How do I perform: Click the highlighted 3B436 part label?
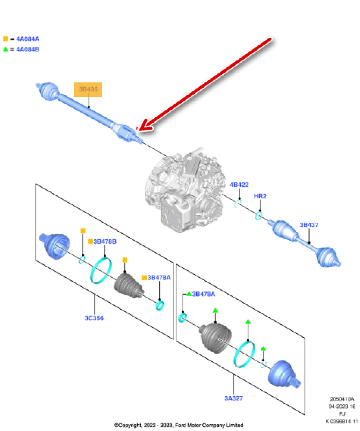88,89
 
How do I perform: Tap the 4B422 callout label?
239,185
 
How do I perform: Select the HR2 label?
260,196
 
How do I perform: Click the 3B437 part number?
309,225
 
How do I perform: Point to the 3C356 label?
94,318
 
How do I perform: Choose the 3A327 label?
234,398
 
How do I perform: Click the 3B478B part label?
105,241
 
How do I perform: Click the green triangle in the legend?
5,49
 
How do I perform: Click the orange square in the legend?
5,39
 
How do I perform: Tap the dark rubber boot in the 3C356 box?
129,286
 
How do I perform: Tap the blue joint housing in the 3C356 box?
54,245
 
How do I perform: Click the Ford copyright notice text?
179,425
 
